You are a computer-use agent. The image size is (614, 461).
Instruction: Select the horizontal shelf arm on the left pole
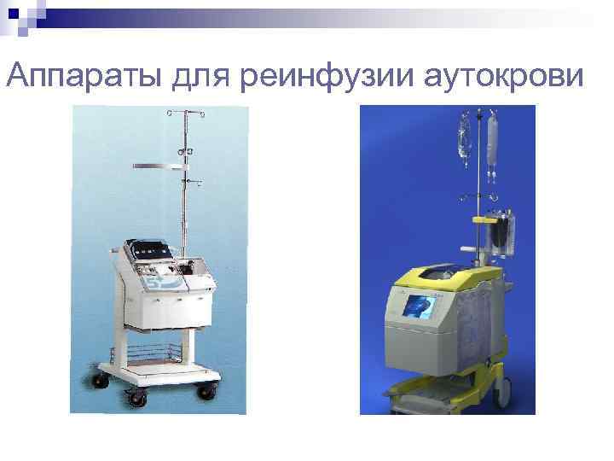pos(159,164)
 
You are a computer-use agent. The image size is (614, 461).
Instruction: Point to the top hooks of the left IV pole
pos(182,113)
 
